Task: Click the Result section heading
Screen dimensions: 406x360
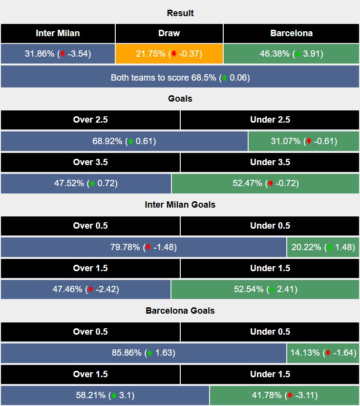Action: point(180,13)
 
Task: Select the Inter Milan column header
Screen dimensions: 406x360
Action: point(58,34)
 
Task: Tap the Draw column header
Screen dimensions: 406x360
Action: point(169,34)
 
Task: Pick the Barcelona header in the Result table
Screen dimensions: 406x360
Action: point(291,34)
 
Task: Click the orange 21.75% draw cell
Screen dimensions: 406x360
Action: point(169,54)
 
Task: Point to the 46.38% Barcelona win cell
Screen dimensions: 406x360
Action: point(291,54)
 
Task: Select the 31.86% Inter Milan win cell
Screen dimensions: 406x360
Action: point(58,54)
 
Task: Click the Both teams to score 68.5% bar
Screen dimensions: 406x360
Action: point(180,77)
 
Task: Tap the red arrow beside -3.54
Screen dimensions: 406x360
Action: point(62,54)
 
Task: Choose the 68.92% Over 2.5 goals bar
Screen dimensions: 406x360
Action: point(124,141)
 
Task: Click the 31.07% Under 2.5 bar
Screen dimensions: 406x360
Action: point(304,141)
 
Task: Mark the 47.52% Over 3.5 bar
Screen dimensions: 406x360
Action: point(86,184)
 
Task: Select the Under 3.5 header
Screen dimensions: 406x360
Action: point(270,162)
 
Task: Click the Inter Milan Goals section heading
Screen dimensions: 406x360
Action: point(180,205)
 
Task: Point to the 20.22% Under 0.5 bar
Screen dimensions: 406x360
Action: point(323,247)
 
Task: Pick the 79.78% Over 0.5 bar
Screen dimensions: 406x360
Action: point(143,247)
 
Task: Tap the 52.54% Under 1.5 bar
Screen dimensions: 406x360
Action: point(265,289)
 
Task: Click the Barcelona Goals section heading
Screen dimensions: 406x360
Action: point(180,311)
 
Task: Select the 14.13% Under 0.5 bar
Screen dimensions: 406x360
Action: point(323,353)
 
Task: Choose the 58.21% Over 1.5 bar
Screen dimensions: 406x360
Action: point(105,395)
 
